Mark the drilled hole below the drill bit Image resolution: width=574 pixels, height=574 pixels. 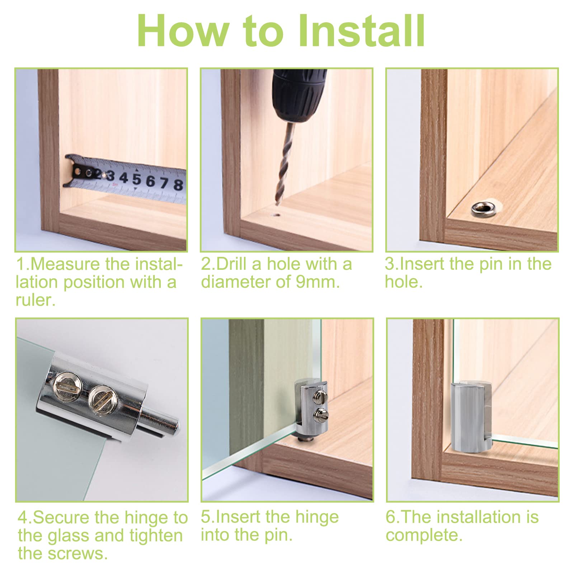click(276, 216)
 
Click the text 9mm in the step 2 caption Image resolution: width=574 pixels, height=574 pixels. click(317, 282)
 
